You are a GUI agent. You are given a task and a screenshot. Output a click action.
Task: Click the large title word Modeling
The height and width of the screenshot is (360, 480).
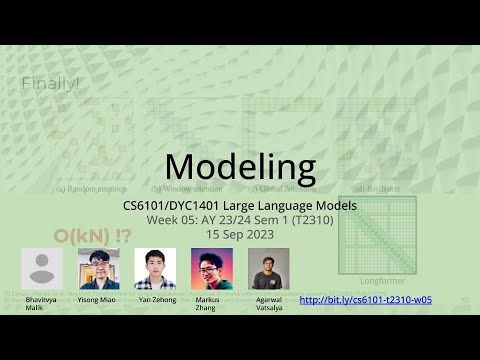(240, 166)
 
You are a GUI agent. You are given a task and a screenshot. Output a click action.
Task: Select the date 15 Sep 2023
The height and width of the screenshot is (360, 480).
(240, 233)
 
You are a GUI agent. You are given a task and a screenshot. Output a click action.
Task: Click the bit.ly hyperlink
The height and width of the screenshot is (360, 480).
(365, 299)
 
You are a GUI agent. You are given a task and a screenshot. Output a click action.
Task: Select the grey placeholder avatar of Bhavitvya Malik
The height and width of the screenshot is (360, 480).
(42, 268)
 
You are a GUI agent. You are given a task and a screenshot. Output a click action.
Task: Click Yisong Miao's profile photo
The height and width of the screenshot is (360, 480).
(99, 268)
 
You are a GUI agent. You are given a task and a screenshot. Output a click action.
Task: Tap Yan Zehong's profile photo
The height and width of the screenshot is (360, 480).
(155, 268)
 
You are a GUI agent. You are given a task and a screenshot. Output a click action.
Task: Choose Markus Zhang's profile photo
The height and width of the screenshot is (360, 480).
(212, 268)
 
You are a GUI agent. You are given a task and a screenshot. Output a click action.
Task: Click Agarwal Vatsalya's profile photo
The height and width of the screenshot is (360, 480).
(268, 268)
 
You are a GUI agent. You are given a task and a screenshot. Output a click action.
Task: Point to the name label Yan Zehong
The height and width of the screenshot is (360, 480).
(155, 299)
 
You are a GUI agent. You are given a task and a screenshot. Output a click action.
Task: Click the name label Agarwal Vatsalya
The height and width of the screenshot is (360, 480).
(268, 303)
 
